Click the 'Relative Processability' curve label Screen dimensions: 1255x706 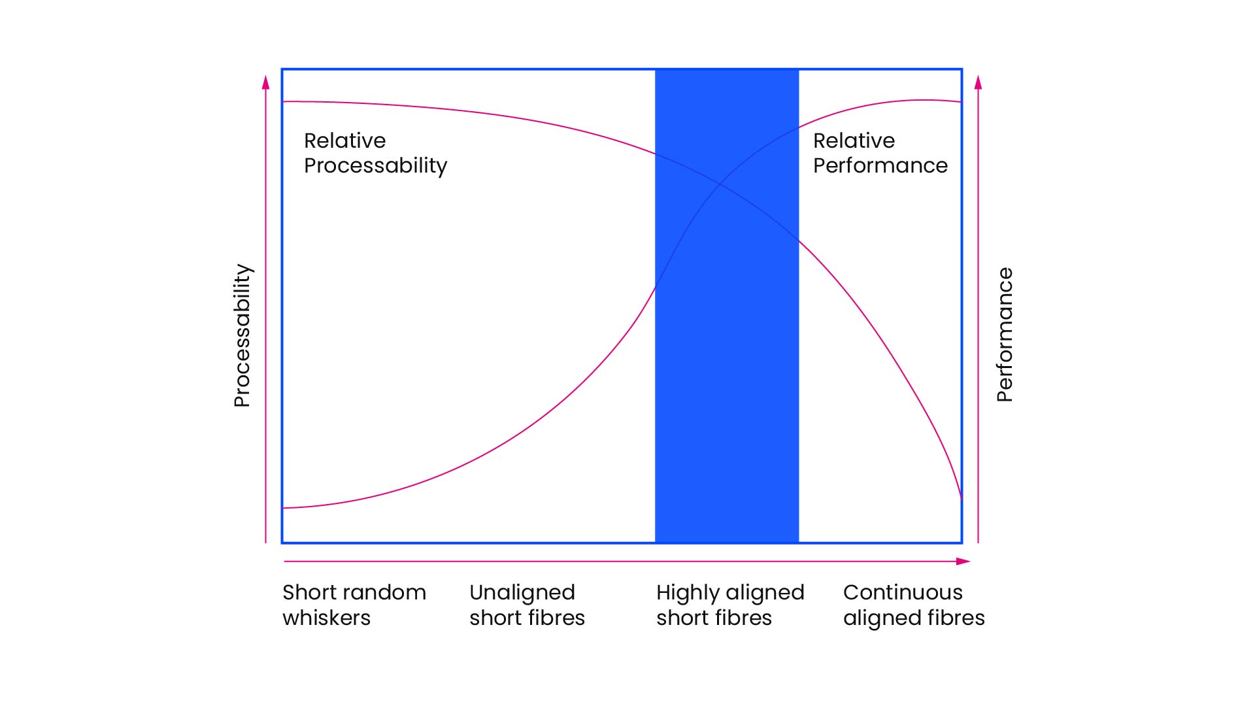376,153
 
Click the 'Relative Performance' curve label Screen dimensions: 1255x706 880,153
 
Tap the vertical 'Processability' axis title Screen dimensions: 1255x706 243,335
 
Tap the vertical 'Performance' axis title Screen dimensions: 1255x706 1005,335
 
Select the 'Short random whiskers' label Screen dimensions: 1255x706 354,605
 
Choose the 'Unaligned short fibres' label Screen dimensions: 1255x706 527,605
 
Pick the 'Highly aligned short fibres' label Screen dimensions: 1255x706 730,605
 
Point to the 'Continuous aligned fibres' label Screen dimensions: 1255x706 914,605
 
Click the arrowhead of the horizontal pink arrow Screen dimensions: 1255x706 963,562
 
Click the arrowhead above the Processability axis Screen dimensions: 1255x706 265,82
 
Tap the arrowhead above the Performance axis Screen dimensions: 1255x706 978,82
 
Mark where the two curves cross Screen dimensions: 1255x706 720,185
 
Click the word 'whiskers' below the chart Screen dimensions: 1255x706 326,618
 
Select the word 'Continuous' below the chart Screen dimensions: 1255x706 903,592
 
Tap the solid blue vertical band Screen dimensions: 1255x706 727,306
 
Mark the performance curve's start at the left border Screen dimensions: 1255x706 283,508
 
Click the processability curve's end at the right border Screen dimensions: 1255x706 962,499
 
